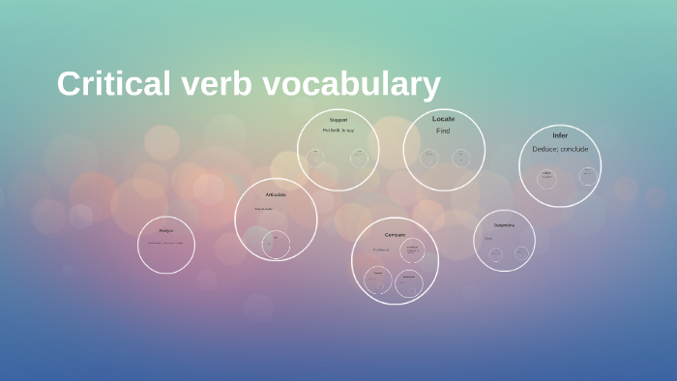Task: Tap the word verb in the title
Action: point(209,84)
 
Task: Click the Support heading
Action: point(338,119)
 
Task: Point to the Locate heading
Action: point(443,118)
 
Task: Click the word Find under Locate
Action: point(443,131)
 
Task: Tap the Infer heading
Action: point(560,134)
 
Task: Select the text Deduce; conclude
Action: point(560,149)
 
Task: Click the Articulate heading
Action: point(276,194)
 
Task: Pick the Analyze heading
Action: point(166,230)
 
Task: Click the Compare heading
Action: point(395,234)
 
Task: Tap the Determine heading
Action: point(504,225)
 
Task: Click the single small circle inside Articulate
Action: point(276,244)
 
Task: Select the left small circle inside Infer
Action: point(546,177)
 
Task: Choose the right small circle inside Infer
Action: point(587,175)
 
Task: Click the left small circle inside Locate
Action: point(428,158)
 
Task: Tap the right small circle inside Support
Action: point(359,158)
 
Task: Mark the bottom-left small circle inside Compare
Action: point(378,280)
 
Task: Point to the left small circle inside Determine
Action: point(495,254)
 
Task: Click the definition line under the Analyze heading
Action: point(166,243)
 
